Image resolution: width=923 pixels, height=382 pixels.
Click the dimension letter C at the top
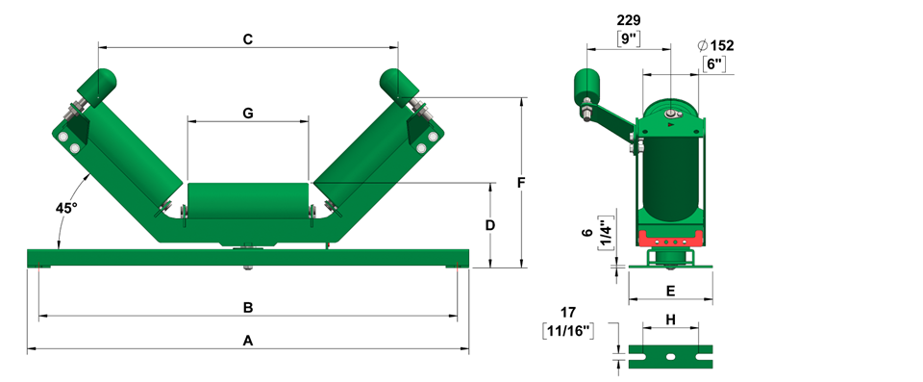(x=248, y=39)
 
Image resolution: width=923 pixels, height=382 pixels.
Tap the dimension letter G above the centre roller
(x=248, y=114)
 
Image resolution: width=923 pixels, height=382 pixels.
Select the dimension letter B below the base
(x=248, y=307)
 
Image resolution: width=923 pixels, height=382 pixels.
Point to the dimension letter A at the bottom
(x=248, y=341)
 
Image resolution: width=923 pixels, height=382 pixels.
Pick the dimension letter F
(x=521, y=183)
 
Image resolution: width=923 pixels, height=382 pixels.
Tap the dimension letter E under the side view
(x=670, y=291)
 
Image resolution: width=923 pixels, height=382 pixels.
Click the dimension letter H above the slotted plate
(x=670, y=319)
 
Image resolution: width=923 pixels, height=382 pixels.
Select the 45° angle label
(x=66, y=208)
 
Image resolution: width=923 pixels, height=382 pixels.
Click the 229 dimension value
(x=628, y=20)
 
